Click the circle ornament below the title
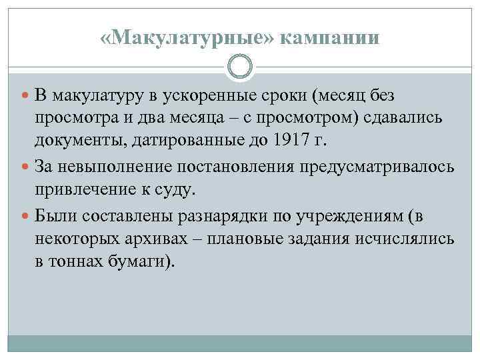[x=239, y=67]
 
